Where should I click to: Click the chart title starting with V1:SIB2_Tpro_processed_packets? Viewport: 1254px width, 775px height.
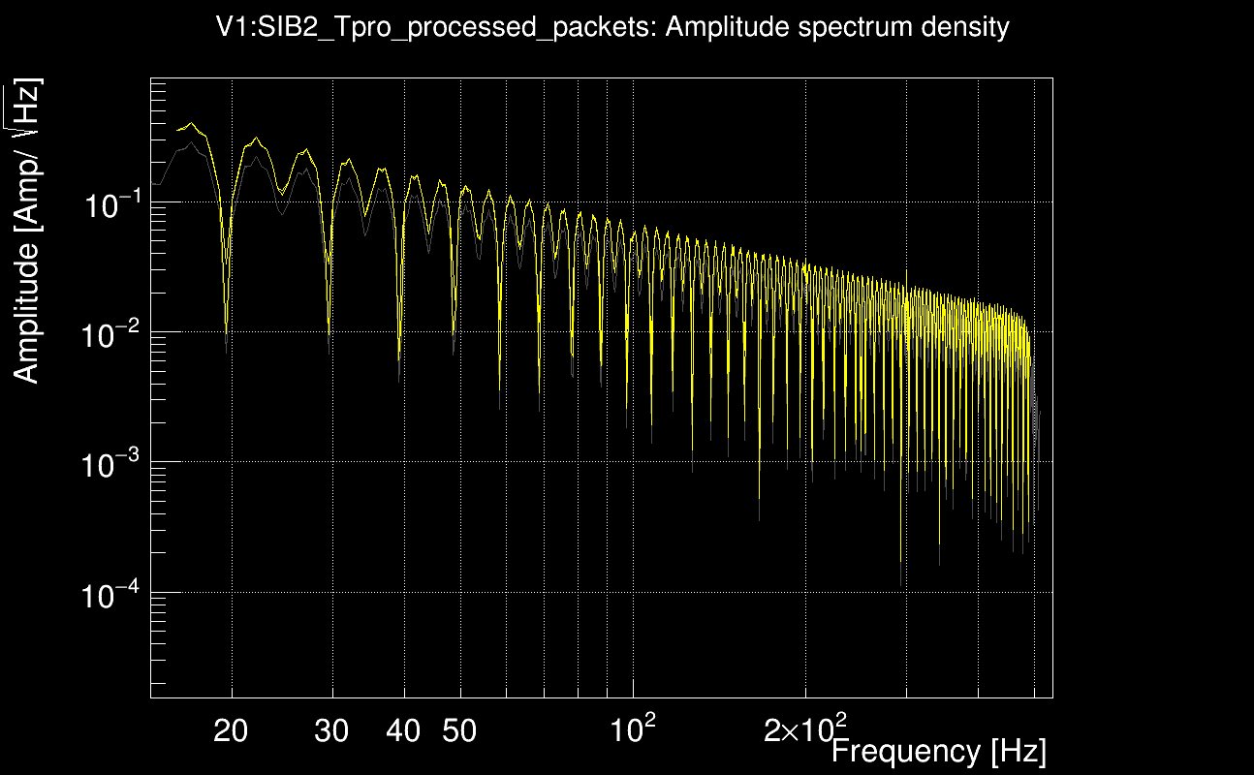pos(612,27)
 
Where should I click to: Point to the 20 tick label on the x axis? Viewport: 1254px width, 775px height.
pos(231,731)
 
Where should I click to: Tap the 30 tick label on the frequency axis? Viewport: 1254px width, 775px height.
pos(331,731)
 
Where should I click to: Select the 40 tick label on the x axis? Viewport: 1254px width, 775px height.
pos(403,731)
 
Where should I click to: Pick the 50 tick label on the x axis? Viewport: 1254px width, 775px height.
pos(459,731)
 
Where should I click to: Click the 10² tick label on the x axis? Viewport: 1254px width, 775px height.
pos(631,728)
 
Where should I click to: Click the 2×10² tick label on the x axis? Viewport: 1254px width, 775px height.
pos(804,728)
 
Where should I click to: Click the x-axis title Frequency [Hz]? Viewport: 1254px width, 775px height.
pos(938,752)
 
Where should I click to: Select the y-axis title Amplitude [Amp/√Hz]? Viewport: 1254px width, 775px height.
pos(27,231)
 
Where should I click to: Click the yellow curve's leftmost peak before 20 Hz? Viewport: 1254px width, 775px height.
pos(191,123)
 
